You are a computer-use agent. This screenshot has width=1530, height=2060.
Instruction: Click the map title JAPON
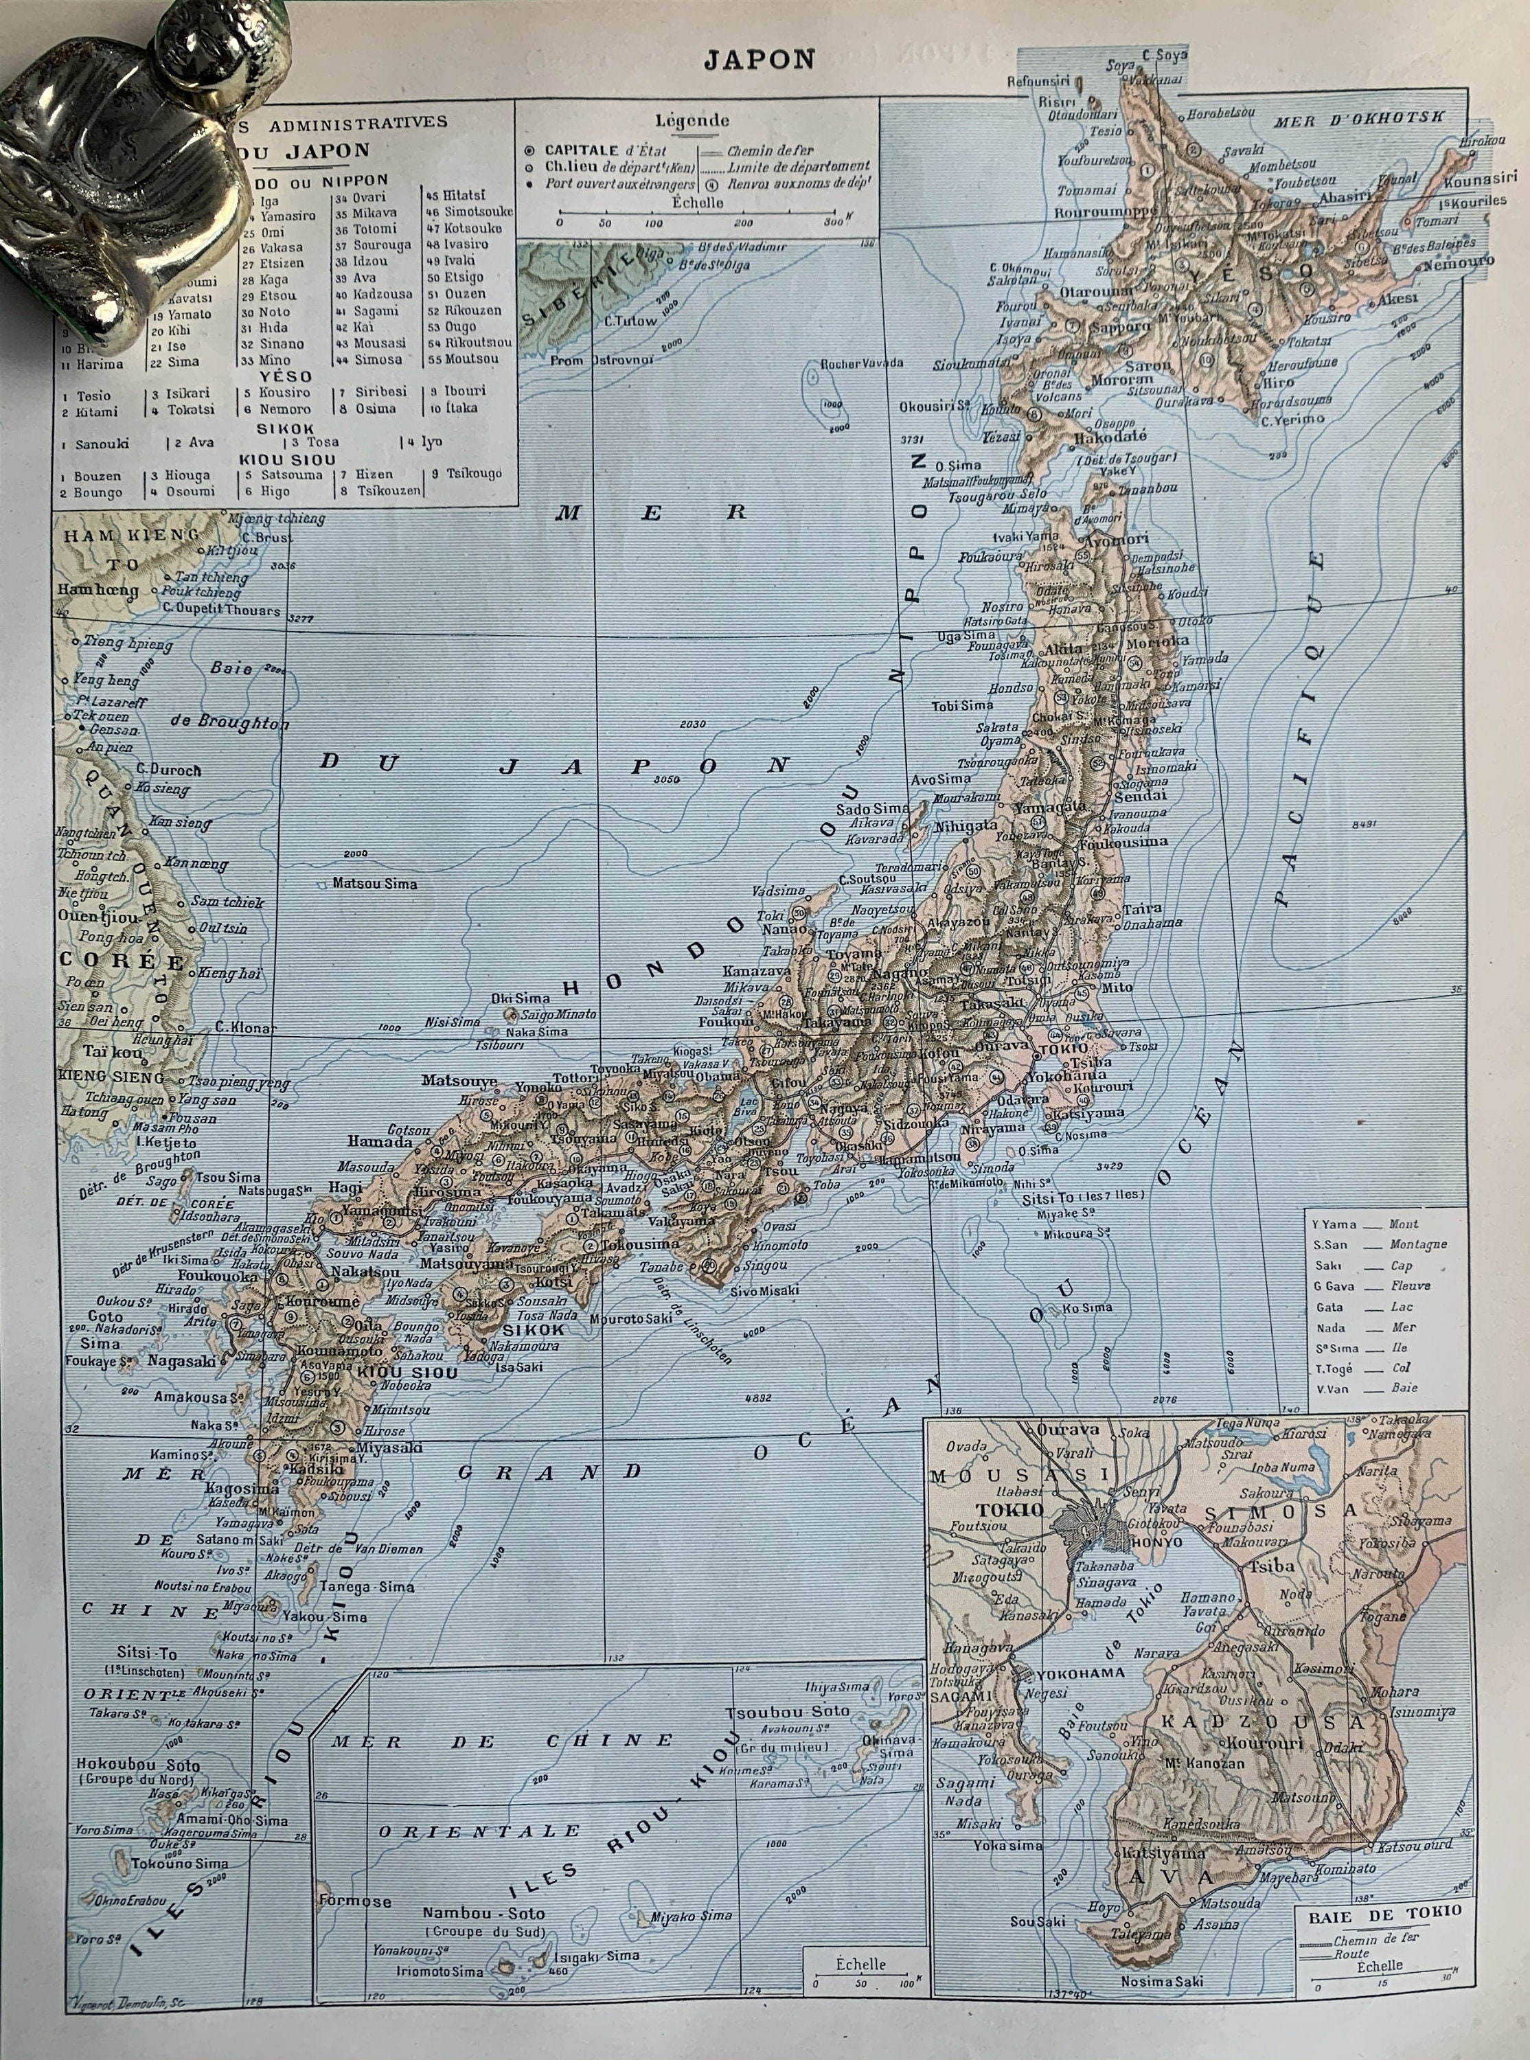click(x=759, y=59)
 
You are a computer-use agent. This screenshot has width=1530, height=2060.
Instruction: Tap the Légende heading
click(x=692, y=120)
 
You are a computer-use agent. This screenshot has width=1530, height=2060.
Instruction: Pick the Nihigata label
click(x=967, y=825)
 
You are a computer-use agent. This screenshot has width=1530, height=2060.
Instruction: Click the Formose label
click(x=355, y=1901)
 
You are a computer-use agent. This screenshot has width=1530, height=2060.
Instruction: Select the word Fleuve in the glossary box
click(x=1410, y=1286)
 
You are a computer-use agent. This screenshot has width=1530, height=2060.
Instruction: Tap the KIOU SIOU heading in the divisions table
click(x=286, y=459)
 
